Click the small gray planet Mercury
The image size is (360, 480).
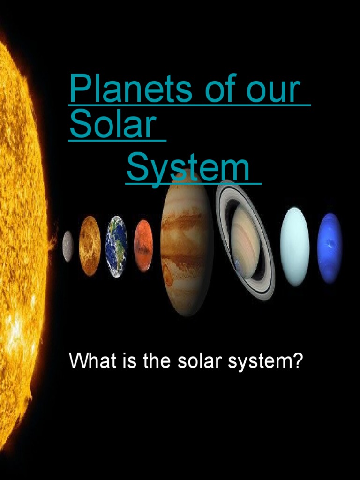[68, 246]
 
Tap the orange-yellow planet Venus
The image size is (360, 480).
[90, 245]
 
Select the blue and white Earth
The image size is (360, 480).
[116, 246]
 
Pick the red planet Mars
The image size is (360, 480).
[143, 246]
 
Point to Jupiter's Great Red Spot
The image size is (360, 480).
[168, 271]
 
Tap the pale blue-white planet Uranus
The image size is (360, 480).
[294, 246]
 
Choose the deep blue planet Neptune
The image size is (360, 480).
[330, 247]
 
